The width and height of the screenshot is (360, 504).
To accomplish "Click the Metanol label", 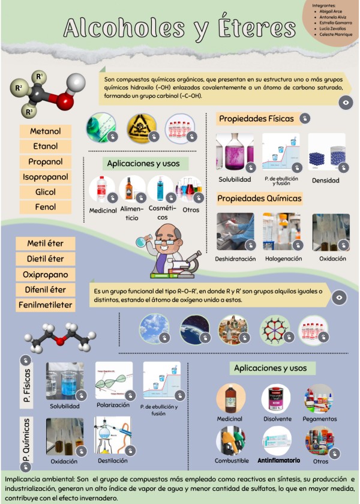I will (x=46, y=131).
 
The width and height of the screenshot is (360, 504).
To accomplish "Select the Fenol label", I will (x=46, y=207).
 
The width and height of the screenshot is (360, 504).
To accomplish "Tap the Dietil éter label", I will (x=46, y=259).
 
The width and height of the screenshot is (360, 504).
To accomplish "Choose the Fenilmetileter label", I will (x=46, y=305).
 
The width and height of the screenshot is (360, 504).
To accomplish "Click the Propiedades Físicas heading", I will (x=256, y=119).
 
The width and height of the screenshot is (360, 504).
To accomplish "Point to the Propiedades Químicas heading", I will (x=259, y=198).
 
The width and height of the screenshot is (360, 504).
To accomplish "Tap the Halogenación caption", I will (x=282, y=259).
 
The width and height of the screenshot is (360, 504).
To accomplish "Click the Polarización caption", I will (x=113, y=405).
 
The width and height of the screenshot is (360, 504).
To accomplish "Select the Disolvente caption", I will (x=277, y=419).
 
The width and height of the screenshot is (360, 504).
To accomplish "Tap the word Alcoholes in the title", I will (x=118, y=28).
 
